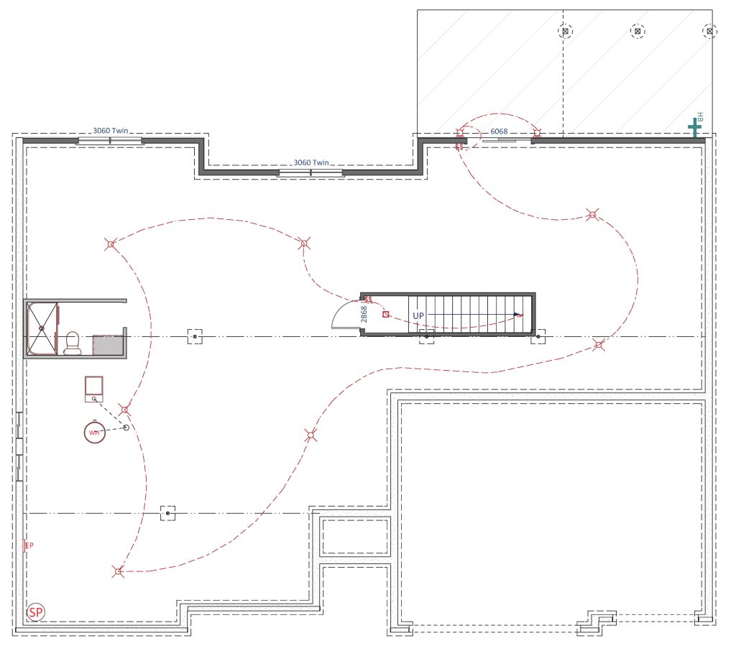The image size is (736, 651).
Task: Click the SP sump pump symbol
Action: click(x=36, y=612)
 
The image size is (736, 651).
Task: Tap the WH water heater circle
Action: click(x=94, y=433)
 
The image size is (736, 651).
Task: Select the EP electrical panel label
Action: click(x=29, y=545)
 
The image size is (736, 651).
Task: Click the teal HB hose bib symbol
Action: click(x=695, y=126)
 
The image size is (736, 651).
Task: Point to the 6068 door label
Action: click(x=499, y=131)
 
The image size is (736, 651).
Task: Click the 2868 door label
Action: click(x=364, y=314)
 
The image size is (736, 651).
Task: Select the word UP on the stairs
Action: click(x=418, y=316)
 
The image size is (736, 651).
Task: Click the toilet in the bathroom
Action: click(x=73, y=343)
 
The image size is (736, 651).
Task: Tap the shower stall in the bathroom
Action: click(x=42, y=328)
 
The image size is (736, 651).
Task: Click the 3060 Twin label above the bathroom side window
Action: click(x=110, y=131)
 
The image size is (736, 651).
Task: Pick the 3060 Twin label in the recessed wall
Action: click(x=311, y=162)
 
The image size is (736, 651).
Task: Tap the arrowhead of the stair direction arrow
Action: click(x=518, y=315)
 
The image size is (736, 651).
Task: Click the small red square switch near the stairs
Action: click(x=386, y=315)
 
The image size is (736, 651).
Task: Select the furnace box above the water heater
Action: click(x=94, y=389)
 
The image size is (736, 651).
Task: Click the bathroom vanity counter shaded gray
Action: click(x=108, y=345)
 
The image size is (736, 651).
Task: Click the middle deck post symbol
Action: click(x=638, y=32)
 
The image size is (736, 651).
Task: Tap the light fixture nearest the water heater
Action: click(x=124, y=410)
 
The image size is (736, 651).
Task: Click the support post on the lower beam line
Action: click(x=168, y=514)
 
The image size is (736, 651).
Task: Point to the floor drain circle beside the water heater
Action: click(x=126, y=427)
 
